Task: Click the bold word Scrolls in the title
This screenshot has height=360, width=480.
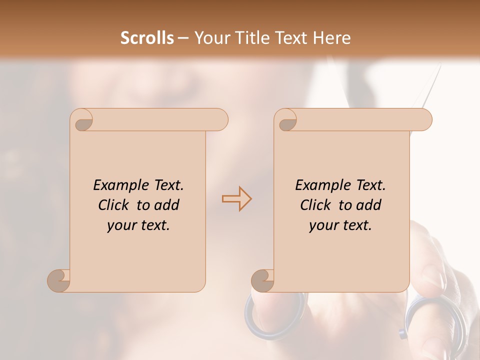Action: pyautogui.click(x=147, y=38)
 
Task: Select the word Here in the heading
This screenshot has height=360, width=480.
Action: pyautogui.click(x=331, y=38)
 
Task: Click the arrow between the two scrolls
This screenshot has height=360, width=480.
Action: pyautogui.click(x=236, y=198)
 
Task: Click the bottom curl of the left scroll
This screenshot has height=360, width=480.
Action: pyautogui.click(x=59, y=280)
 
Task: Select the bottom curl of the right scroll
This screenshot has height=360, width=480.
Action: pyautogui.click(x=262, y=280)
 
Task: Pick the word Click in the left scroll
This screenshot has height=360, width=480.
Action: pyautogui.click(x=115, y=205)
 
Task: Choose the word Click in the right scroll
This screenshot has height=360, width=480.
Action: pyautogui.click(x=317, y=205)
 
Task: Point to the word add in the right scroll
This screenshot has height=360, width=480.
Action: pyautogui.click(x=368, y=205)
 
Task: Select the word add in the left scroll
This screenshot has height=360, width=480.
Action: pyautogui.click(x=166, y=205)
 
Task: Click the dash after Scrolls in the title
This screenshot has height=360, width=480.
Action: pyautogui.click(x=183, y=38)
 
